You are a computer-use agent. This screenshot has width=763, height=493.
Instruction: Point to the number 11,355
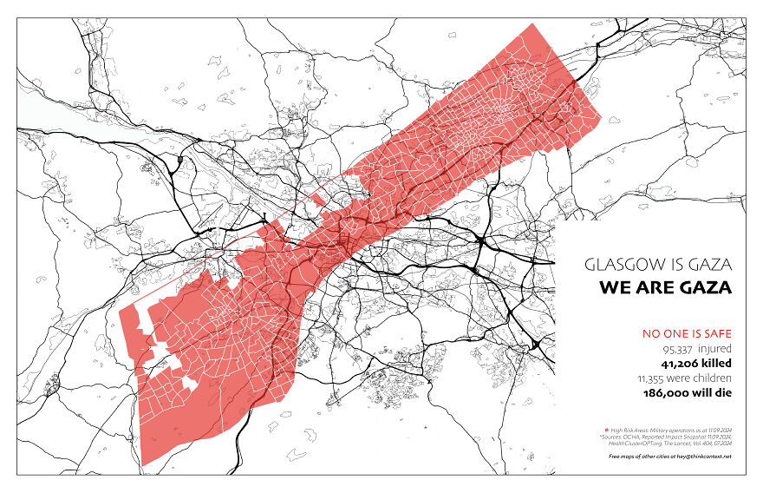(x=655, y=378)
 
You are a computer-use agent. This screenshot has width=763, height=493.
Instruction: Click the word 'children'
(x=713, y=378)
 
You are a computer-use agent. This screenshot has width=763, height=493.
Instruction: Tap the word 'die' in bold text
(x=723, y=392)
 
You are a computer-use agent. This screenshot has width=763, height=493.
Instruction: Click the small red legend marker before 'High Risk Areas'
(x=607, y=430)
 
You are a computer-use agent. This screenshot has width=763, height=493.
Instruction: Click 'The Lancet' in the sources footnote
(x=680, y=443)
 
